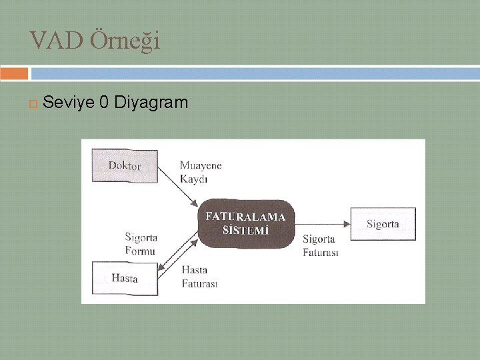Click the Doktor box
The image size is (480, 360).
(125, 166)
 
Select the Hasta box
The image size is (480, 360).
(125, 278)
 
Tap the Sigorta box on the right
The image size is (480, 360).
(382, 224)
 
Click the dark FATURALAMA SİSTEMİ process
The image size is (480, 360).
(245, 223)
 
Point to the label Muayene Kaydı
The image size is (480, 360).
(200, 171)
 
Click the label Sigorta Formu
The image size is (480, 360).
(141, 243)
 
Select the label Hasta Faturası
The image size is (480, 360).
(199, 277)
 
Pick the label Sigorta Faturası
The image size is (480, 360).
(321, 245)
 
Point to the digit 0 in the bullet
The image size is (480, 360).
(103, 103)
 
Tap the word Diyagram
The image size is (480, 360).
(151, 103)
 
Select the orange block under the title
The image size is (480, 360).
(14, 73)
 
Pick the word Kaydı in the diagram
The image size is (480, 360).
(193, 178)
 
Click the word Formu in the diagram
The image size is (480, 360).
(140, 251)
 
